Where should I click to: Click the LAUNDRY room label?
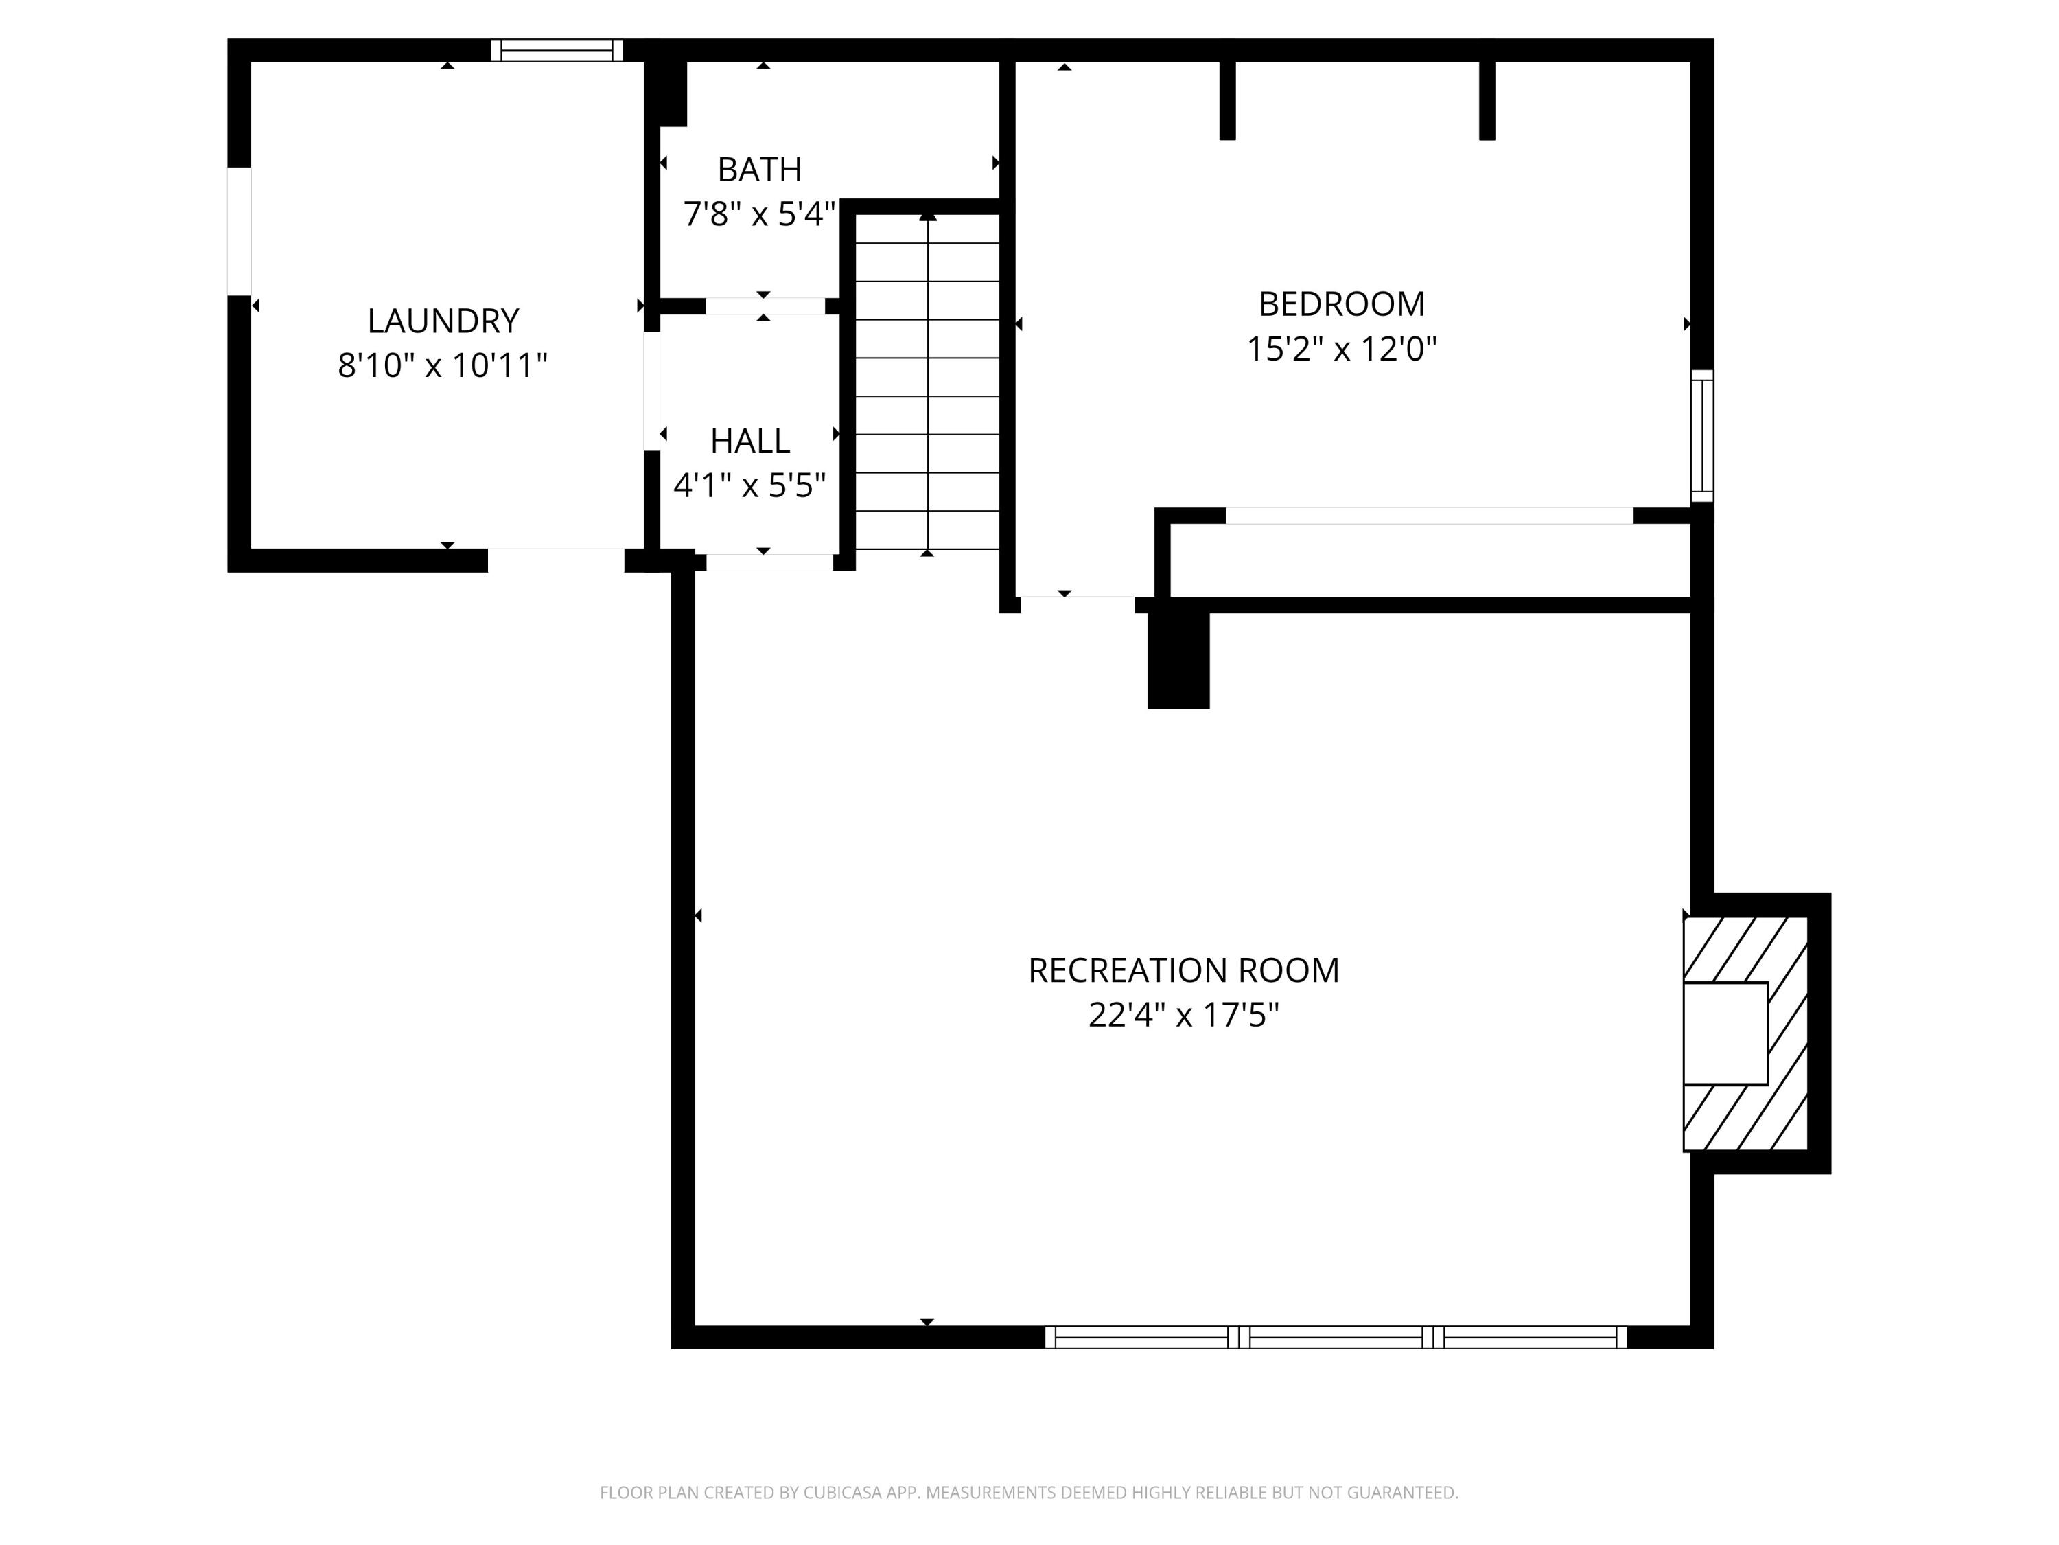click(x=443, y=321)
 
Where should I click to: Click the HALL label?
click(x=749, y=441)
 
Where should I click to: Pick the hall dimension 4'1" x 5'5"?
click(x=749, y=485)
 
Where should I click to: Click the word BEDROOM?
click(x=1341, y=304)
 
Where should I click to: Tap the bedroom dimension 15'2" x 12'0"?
click(x=1341, y=350)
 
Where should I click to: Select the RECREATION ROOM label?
click(x=1183, y=970)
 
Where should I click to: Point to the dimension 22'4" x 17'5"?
click(x=1183, y=1014)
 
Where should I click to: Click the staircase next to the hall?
click(x=927, y=382)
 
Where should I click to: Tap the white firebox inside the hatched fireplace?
click(x=1725, y=1033)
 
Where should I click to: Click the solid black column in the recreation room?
click(x=1178, y=659)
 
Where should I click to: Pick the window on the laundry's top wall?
click(x=557, y=50)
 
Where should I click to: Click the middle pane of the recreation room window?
click(x=1336, y=1338)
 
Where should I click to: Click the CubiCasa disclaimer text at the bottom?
click(x=1029, y=1493)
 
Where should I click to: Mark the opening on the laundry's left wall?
click(x=240, y=231)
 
